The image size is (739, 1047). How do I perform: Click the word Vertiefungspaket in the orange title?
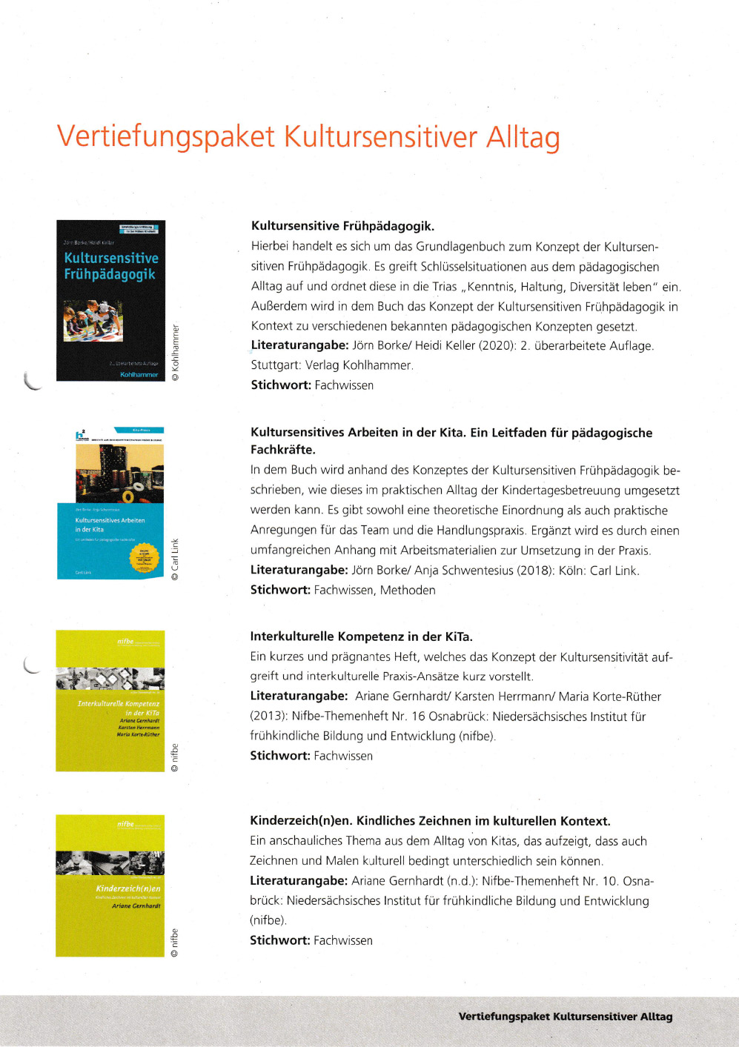coord(166,138)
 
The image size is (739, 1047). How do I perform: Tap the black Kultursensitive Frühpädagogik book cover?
coord(110,300)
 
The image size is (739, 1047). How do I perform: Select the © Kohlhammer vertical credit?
coord(176,352)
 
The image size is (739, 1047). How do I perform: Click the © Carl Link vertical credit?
coord(176,559)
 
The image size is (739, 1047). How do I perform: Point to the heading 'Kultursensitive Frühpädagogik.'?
coord(342,226)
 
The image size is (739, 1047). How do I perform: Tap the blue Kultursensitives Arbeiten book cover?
coord(110,502)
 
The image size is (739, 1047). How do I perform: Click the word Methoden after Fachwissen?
coord(408,591)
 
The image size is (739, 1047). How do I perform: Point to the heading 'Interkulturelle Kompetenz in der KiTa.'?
coord(361,636)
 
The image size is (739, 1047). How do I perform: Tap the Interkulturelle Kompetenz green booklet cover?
coord(110,701)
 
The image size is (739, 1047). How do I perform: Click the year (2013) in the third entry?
coord(268,717)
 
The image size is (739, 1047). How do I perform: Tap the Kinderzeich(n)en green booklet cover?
coord(110,885)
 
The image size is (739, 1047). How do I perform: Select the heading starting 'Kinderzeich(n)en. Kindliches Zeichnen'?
coord(430,821)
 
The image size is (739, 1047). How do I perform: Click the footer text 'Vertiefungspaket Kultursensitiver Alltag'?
coord(565,1017)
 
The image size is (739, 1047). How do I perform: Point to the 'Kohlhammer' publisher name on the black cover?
coord(139,375)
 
